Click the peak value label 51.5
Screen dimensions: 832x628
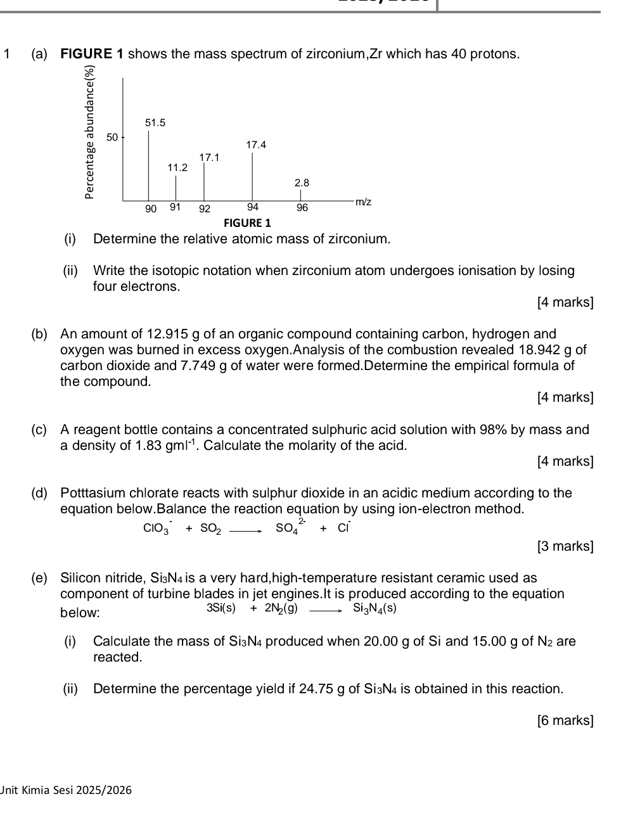(155, 122)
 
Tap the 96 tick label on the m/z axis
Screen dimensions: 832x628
(302, 208)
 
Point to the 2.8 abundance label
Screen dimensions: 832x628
(302, 183)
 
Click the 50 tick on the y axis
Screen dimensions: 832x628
(112, 137)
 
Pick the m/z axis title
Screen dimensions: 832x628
(363, 202)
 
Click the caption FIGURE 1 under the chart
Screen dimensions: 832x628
(247, 223)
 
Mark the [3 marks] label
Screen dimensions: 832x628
(565, 546)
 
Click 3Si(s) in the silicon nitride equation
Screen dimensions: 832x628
(221, 608)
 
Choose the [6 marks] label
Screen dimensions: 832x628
(565, 720)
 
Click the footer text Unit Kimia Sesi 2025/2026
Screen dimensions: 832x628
(67, 790)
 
